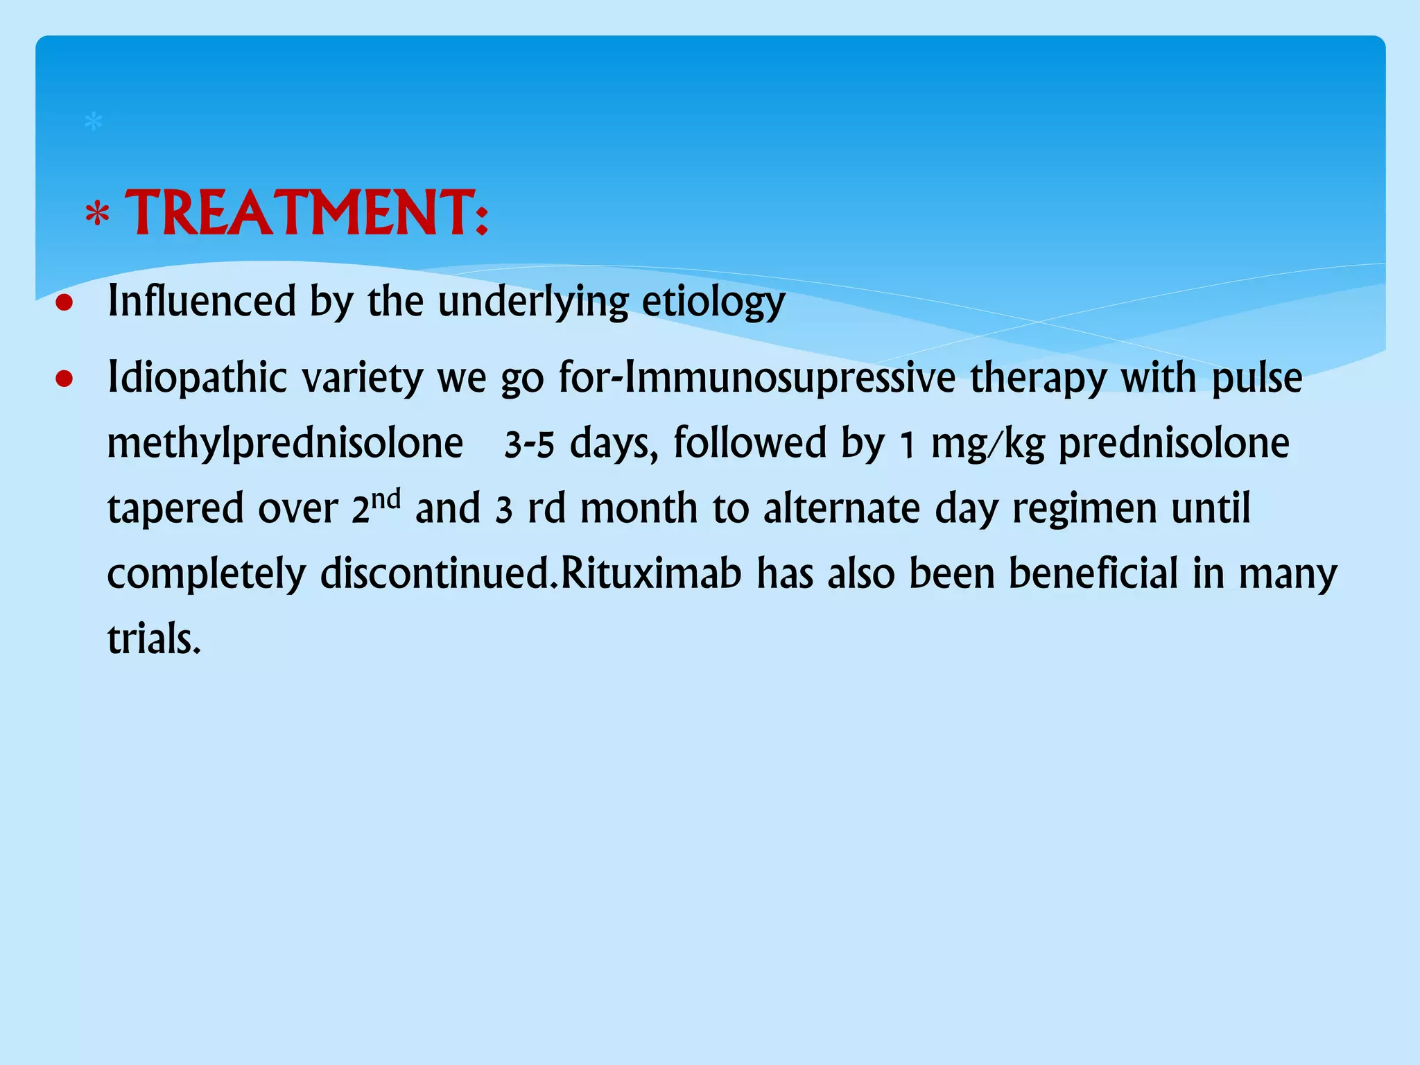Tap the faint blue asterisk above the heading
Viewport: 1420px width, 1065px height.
coord(93,123)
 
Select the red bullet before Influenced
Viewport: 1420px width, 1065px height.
coord(64,303)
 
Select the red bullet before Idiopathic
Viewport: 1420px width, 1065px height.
coord(64,379)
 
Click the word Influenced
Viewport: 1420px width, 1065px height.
coord(202,302)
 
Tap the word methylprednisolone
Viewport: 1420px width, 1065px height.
coord(285,444)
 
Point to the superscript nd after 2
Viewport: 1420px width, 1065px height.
coord(387,499)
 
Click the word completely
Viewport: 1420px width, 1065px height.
coord(206,575)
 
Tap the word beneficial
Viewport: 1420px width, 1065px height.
coord(1093,573)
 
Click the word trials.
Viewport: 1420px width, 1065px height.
coord(153,639)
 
